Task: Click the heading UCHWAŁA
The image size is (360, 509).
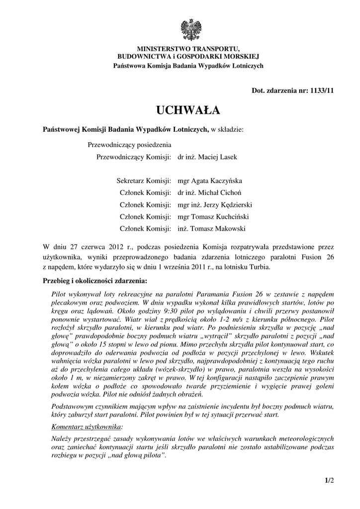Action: [x=188, y=109]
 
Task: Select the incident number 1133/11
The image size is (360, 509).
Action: [x=321, y=90]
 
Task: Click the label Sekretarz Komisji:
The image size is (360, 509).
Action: [x=144, y=181]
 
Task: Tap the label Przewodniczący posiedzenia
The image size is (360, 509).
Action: [x=129, y=145]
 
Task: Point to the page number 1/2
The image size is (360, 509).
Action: [x=329, y=480]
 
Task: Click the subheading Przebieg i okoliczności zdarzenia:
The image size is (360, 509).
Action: [x=95, y=280]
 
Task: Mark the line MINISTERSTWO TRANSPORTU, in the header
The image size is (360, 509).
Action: [x=188, y=49]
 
